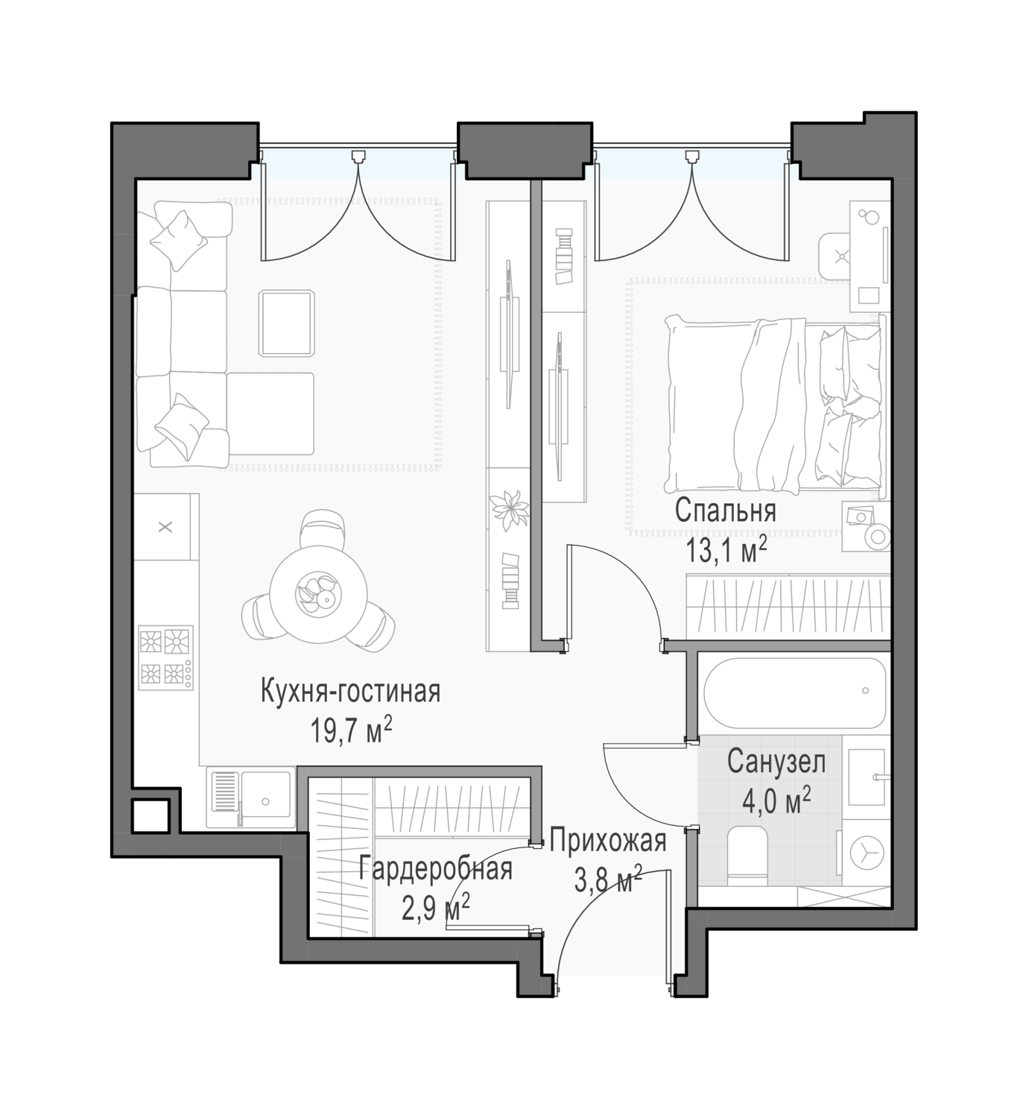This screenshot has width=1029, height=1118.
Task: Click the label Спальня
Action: tap(725, 511)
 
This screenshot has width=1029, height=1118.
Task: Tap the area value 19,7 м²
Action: tap(351, 730)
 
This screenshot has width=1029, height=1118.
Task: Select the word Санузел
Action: tap(776, 762)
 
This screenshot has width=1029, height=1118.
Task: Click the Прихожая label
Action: tap(608, 841)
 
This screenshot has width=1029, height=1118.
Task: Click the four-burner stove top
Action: tap(165, 657)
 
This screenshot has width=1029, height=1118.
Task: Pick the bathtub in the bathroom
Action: tap(795, 693)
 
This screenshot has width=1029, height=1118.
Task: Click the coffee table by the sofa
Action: tap(287, 323)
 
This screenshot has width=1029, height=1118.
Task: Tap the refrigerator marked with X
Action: tap(165, 527)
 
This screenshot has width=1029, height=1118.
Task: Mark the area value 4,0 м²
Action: tap(776, 801)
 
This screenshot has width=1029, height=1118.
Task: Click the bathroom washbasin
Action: tap(867, 777)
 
